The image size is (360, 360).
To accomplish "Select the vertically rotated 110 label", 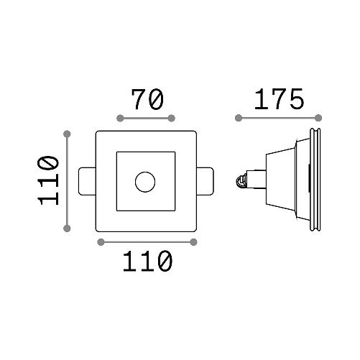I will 48,180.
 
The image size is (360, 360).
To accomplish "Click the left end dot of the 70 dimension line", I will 120,117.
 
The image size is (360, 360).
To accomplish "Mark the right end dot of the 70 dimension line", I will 172,117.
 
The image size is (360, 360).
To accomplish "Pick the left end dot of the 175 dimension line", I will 238,117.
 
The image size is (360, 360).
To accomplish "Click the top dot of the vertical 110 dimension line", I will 68,133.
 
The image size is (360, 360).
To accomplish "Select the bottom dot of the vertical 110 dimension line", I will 68,228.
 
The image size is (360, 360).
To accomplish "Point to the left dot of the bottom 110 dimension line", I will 100,242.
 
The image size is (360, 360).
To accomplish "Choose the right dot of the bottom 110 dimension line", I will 193,242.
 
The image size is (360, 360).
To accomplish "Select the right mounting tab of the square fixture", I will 206,180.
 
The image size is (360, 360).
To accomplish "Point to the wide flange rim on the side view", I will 314,180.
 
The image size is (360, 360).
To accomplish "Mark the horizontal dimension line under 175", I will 280,117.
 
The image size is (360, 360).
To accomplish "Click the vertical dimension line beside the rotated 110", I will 68,180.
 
